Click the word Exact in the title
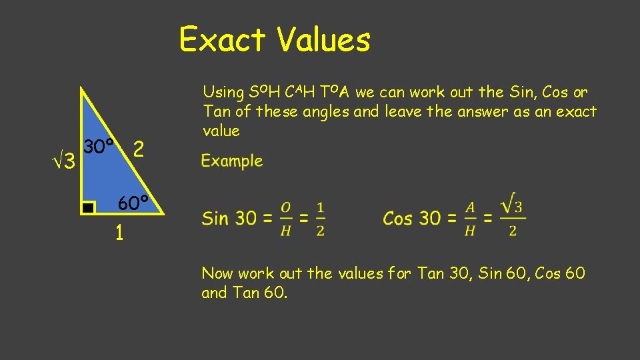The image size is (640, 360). [x=223, y=39]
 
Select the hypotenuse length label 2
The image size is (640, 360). [x=138, y=149]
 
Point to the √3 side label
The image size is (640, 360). [x=65, y=161]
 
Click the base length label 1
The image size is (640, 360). [x=119, y=233]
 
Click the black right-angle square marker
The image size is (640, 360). [x=89, y=208]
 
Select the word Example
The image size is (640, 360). [x=232, y=161]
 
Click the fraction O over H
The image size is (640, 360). [x=285, y=218]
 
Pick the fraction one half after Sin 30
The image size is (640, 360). [x=320, y=218]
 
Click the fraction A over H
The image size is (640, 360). [x=470, y=218]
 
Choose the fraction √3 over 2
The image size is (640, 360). [x=512, y=215]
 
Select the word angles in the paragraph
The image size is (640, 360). [x=328, y=111]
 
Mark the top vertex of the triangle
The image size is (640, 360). [x=81, y=87]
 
